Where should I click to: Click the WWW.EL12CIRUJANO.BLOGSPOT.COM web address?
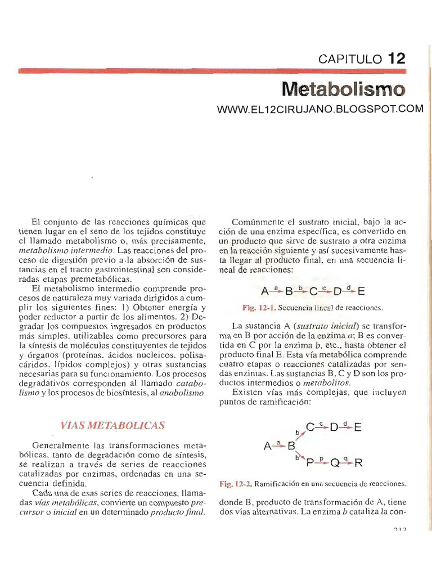[319, 109]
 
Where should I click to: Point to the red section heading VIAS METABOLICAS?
[112, 425]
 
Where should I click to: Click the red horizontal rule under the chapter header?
[211, 71]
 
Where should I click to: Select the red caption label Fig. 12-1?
[260, 308]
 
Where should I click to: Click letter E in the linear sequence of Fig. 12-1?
[361, 291]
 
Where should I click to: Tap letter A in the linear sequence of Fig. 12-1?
[265, 291]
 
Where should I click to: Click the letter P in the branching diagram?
[309, 463]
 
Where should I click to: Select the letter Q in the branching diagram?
[335, 463]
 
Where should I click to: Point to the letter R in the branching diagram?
[359, 463]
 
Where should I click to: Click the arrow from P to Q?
[322, 462]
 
